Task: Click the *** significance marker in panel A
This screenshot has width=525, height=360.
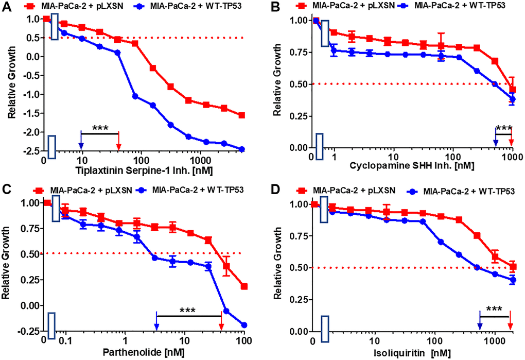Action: pyautogui.click(x=100, y=128)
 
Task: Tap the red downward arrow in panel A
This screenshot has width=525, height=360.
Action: pyautogui.click(x=119, y=142)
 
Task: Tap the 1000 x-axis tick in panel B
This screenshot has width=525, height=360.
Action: pyautogui.click(x=511, y=157)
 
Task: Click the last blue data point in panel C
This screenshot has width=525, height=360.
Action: pyautogui.click(x=244, y=325)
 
